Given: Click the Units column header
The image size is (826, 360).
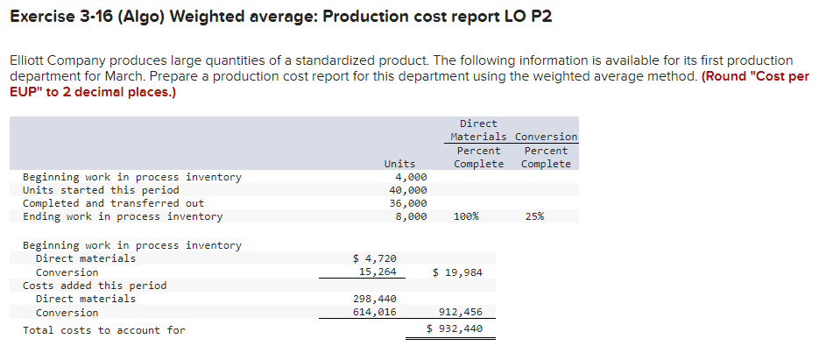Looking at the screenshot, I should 399,164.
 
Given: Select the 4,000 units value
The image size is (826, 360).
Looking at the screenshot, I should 410,177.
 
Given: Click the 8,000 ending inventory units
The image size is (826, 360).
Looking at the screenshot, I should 410,216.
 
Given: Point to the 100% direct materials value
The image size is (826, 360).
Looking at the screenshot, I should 466,216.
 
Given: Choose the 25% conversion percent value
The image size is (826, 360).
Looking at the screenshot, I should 534,216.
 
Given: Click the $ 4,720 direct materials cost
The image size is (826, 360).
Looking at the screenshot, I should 374,258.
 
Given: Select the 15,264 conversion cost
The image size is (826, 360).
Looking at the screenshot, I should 378,272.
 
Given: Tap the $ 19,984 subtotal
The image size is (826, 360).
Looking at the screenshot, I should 457,272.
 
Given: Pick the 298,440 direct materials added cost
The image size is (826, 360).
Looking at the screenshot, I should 374,299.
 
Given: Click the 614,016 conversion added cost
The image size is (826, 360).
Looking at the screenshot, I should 374,313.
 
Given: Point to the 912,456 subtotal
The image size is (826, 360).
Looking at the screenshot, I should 460,313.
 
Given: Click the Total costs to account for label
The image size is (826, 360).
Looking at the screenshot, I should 103,330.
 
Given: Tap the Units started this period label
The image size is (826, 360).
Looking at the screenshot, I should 100,190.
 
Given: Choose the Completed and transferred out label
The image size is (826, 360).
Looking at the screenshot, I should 113,203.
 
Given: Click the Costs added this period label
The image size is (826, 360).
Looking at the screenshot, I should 94,286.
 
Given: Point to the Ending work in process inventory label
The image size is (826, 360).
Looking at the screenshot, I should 122,216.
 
